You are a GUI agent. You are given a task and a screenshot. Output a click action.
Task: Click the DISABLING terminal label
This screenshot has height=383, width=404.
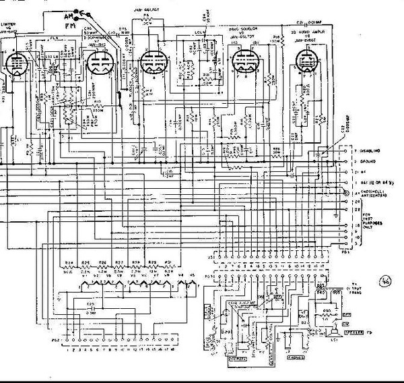tap(370, 151)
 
